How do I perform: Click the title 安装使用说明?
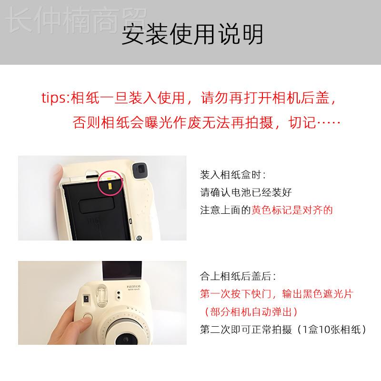point(192,35)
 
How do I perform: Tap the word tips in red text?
point(53,99)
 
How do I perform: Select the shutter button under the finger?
point(86,319)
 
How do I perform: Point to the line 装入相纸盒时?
point(232,175)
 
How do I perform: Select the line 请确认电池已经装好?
point(245,192)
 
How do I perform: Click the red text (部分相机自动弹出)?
point(250,311)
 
